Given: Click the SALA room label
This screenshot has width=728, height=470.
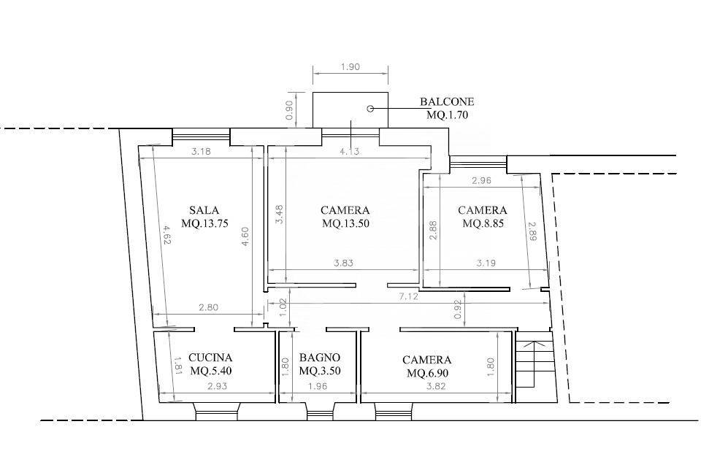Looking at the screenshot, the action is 204,209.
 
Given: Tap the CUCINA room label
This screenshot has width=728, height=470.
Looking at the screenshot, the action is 210,358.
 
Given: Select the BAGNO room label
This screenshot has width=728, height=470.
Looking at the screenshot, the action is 319,358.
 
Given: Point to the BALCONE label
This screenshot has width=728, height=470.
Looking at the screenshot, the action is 447,101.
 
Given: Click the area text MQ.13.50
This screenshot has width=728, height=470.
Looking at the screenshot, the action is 345,223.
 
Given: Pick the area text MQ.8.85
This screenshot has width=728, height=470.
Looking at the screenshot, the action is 483,223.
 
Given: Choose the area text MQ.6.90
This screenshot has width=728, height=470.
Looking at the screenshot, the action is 427,373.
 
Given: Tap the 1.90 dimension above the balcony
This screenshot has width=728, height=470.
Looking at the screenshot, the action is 350,67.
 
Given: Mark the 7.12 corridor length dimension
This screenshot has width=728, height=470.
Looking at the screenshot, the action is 409,296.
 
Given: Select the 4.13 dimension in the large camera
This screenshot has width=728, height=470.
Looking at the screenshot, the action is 349,151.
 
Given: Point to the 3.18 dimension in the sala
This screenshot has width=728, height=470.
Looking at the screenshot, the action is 201,151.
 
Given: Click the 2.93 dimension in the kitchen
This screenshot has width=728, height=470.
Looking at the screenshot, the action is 218,386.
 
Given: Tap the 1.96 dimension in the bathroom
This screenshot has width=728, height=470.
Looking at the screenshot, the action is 318,386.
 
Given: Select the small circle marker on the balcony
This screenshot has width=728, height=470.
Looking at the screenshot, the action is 370,109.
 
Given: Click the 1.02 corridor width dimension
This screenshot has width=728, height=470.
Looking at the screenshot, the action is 284,307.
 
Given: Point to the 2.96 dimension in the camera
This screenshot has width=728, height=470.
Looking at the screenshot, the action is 481,181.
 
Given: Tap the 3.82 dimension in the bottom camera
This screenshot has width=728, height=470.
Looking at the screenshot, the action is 437,386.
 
